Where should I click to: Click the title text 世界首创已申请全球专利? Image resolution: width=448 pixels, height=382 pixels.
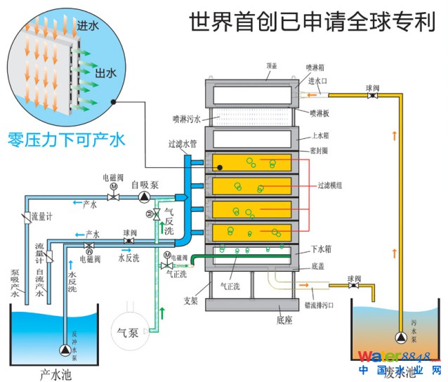(x=309, y=22)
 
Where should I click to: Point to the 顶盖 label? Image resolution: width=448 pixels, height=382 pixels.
(x=271, y=66)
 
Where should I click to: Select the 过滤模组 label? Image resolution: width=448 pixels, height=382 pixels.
(x=330, y=185)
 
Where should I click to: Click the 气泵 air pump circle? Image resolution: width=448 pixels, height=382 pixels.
(x=130, y=327)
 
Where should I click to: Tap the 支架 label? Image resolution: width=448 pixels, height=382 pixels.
(x=191, y=301)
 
